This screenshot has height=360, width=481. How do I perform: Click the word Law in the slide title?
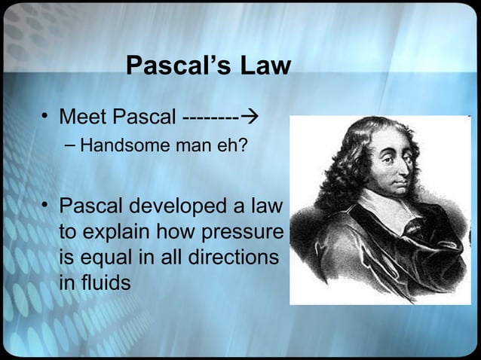[263, 66]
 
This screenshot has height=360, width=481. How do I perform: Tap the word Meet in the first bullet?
[84, 118]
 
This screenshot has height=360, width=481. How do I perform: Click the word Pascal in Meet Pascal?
[147, 118]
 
